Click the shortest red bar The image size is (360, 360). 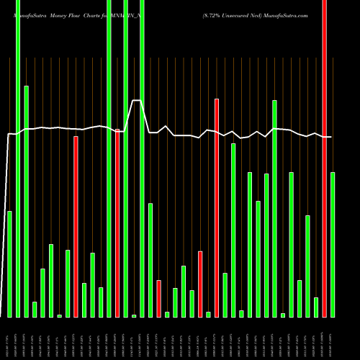158,298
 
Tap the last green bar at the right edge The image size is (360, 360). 333,244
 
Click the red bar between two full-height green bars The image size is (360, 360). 117,222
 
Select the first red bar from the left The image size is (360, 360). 76,226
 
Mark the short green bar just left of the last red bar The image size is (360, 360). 316,307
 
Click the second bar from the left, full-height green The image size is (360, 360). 18,158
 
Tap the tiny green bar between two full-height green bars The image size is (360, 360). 134,315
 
